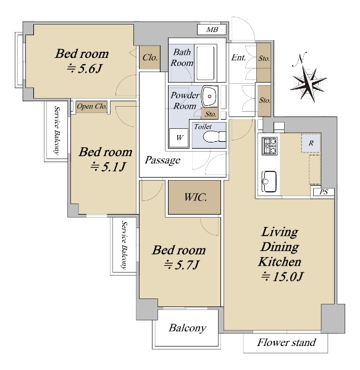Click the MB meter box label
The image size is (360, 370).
point(212,30)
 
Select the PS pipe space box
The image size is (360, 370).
point(323,192)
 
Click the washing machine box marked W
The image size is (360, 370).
point(179,138)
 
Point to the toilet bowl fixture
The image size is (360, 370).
point(214,137)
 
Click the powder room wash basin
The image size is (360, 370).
point(209,97)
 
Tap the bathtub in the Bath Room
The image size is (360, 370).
point(206,63)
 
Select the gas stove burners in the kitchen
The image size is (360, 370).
point(270,146)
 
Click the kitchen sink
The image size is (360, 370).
point(269,181)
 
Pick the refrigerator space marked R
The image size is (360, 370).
point(311,143)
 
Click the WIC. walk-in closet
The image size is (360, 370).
point(195,197)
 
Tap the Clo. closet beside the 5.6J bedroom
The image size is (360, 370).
point(150,57)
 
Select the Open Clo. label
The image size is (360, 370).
point(91,107)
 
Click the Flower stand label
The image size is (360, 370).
point(287,342)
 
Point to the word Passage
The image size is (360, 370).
point(162,160)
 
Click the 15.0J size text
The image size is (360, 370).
point(282,276)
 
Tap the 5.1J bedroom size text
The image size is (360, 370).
point(109,166)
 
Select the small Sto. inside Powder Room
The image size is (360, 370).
point(210,114)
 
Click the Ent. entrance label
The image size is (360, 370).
point(238,57)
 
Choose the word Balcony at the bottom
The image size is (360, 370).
point(187,328)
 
